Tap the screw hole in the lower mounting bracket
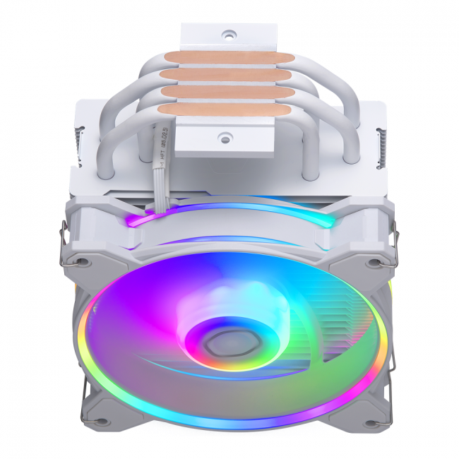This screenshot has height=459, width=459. point(227,136)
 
